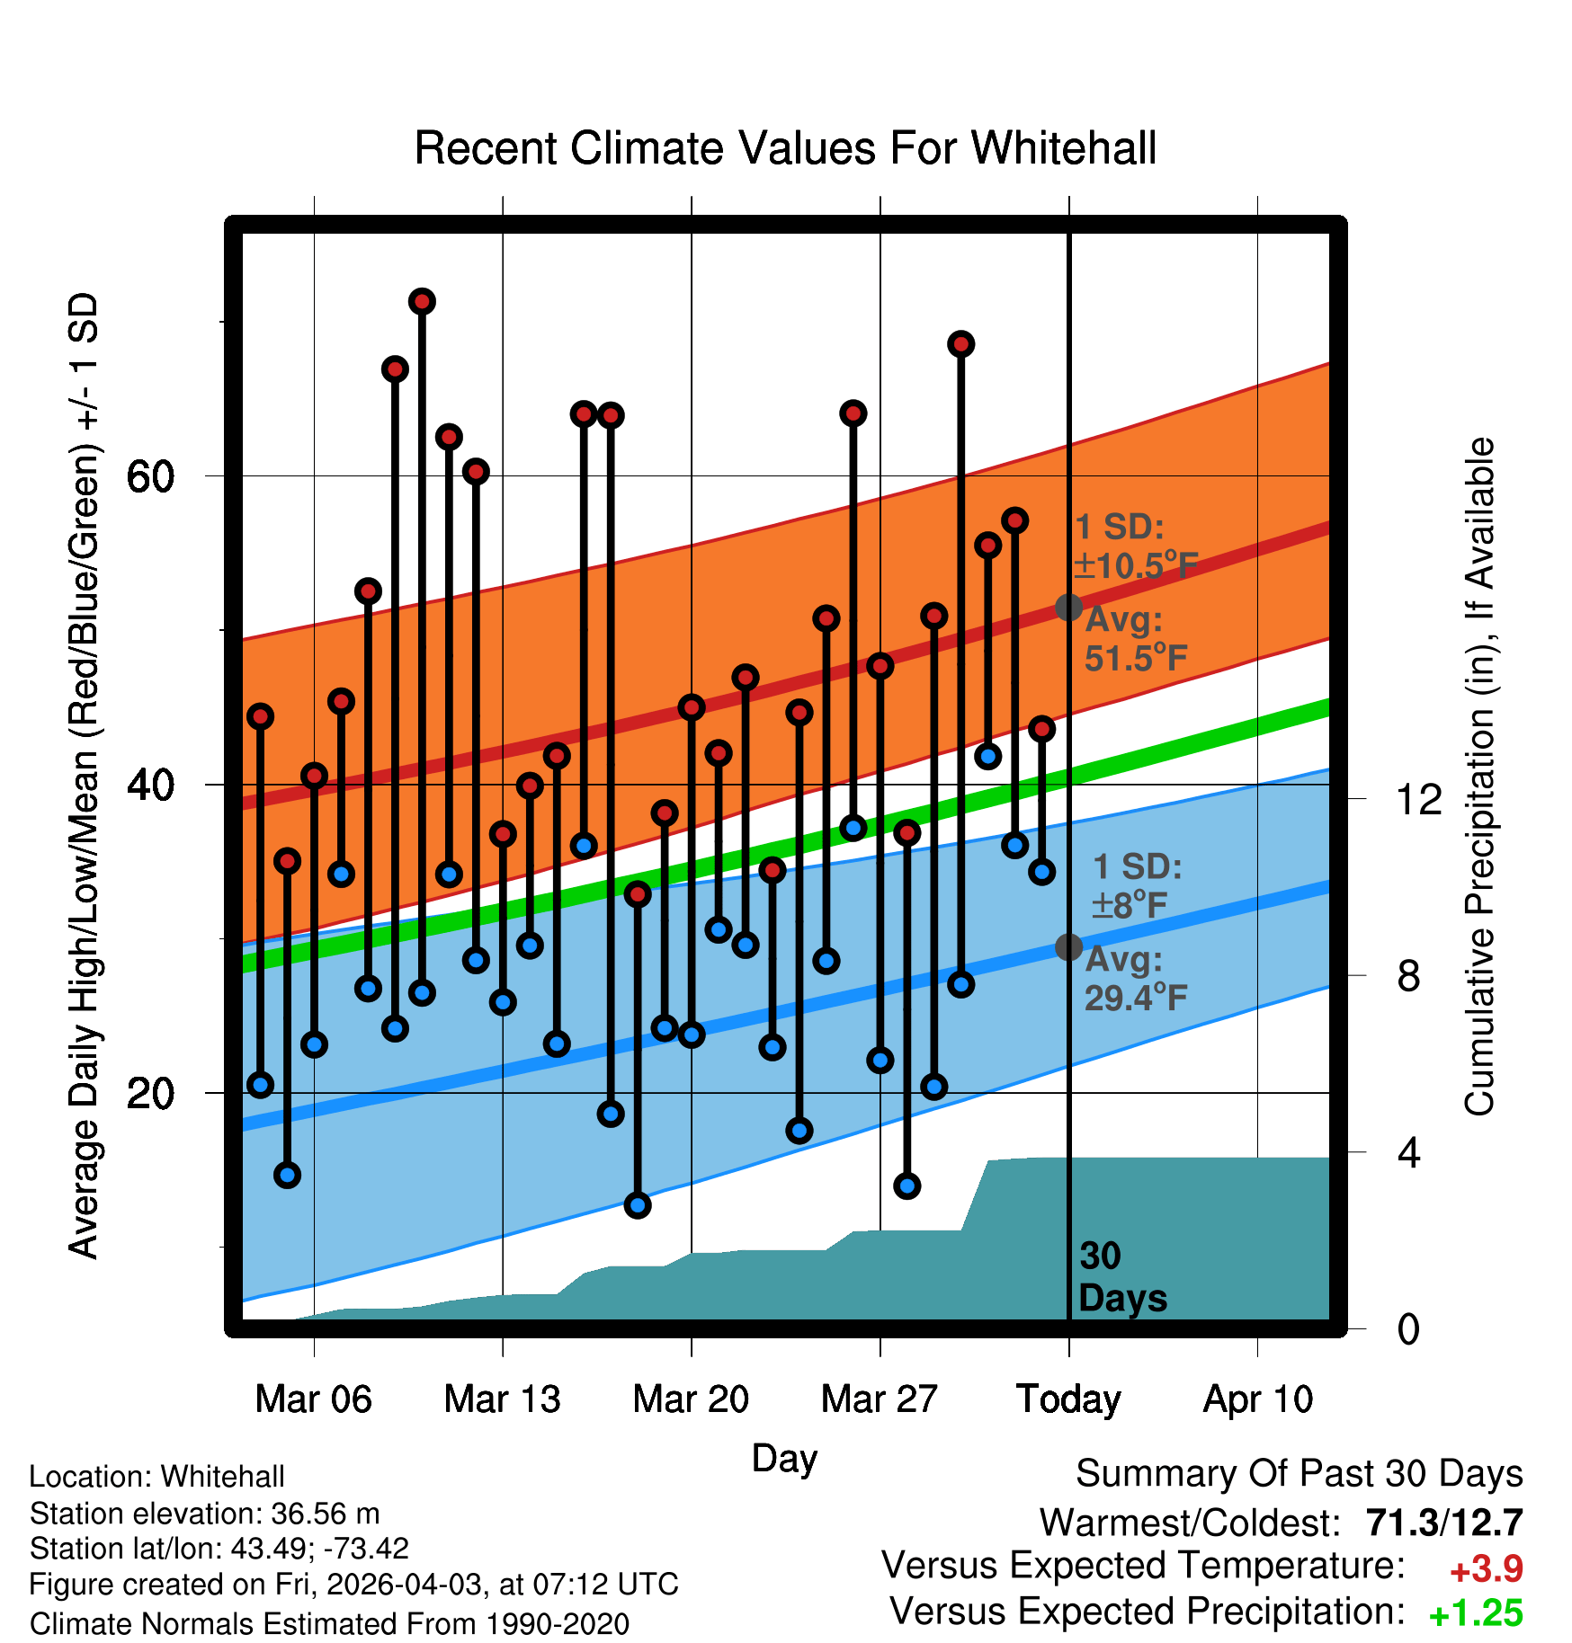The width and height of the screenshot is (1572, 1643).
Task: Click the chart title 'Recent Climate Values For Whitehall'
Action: point(785,148)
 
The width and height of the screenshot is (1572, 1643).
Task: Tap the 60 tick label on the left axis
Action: point(151,475)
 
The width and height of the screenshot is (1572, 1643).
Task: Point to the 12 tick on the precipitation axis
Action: point(1419,799)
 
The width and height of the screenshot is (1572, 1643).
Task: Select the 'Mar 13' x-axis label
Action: point(502,1399)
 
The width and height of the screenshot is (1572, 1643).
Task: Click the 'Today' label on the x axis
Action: point(1068,1399)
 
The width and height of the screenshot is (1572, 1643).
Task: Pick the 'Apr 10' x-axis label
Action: point(1258,1399)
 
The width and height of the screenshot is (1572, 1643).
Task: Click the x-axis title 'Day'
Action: point(784,1458)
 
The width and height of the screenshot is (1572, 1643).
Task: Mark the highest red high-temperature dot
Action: point(423,301)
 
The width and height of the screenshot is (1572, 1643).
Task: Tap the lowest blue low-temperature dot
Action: point(638,1205)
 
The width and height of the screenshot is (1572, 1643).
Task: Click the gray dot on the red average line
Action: point(1068,608)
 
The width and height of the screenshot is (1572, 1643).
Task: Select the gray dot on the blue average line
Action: point(1068,946)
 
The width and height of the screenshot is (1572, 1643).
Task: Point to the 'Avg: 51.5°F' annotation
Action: point(1135,639)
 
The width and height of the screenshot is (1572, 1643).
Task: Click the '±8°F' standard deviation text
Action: point(1130,905)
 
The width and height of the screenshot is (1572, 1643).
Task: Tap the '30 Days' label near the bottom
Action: point(1122,1277)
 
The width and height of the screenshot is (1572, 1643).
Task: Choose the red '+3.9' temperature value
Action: point(1487,1569)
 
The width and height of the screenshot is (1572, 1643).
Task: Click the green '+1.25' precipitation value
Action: point(1476,1613)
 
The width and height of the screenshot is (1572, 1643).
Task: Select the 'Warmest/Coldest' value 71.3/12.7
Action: point(1444,1523)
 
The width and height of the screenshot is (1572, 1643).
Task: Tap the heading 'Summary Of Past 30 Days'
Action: point(1300,1474)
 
